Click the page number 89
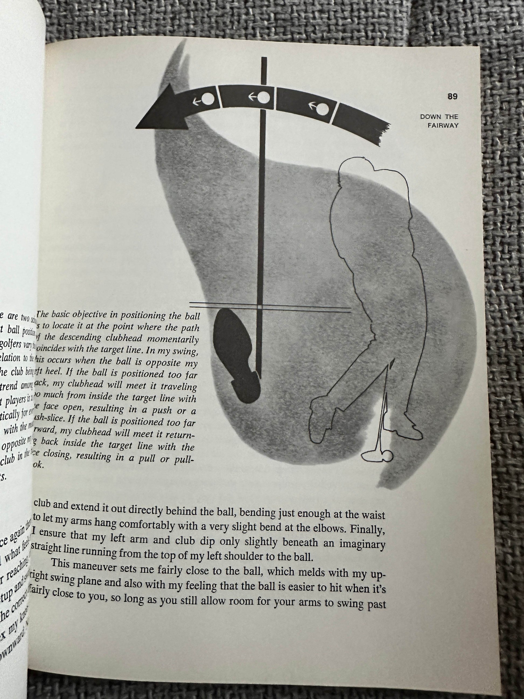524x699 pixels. (x=452, y=97)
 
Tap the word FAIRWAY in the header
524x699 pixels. (x=443, y=126)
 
